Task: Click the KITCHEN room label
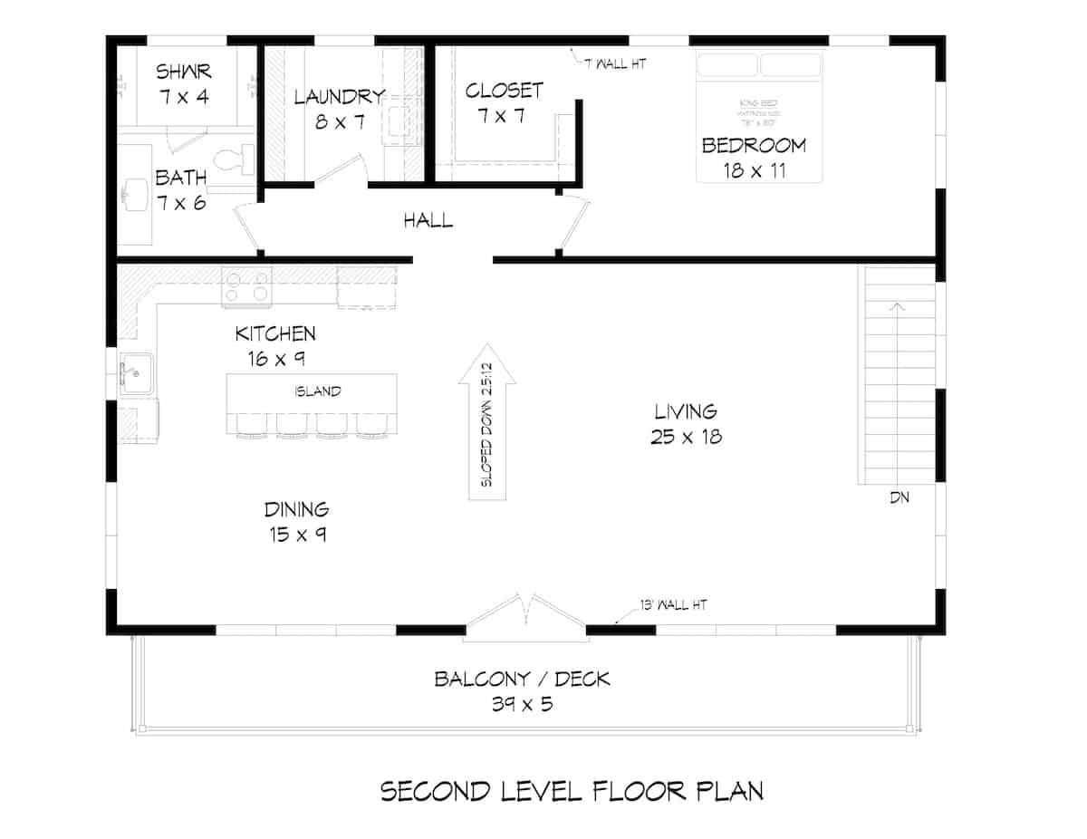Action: (275, 334)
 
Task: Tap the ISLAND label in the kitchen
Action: (317, 391)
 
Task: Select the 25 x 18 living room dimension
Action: (686, 437)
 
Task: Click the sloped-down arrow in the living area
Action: (486, 422)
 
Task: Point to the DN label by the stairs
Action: (899, 497)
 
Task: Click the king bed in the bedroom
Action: (759, 116)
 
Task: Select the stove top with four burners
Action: (247, 286)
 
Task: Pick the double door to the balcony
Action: (524, 618)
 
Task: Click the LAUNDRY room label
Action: (340, 97)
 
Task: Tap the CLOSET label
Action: (504, 91)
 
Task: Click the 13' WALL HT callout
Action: (669, 604)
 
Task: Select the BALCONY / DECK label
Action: (522, 679)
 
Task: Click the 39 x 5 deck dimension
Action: (522, 704)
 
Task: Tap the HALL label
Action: (428, 220)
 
